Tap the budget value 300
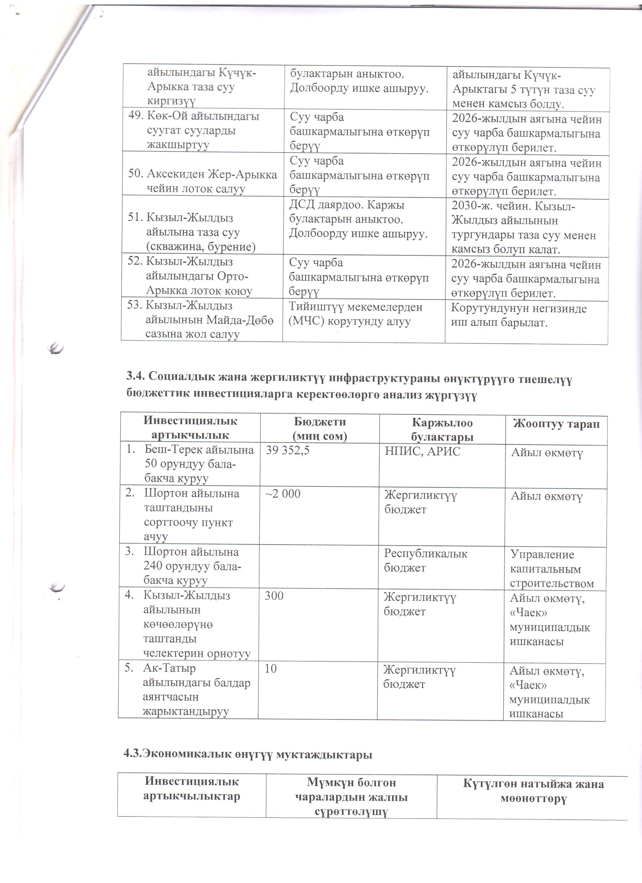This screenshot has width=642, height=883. pyautogui.click(x=274, y=596)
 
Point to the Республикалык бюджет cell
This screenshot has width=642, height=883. pyautogui.click(x=425, y=561)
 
